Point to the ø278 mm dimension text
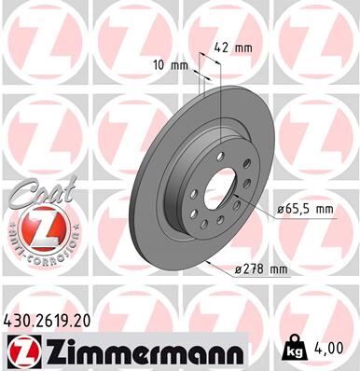pyautogui.click(x=262, y=269)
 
